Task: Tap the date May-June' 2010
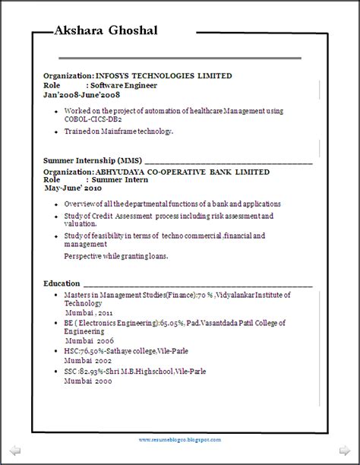73,188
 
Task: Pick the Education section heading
62,283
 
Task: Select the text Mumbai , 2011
88,312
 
